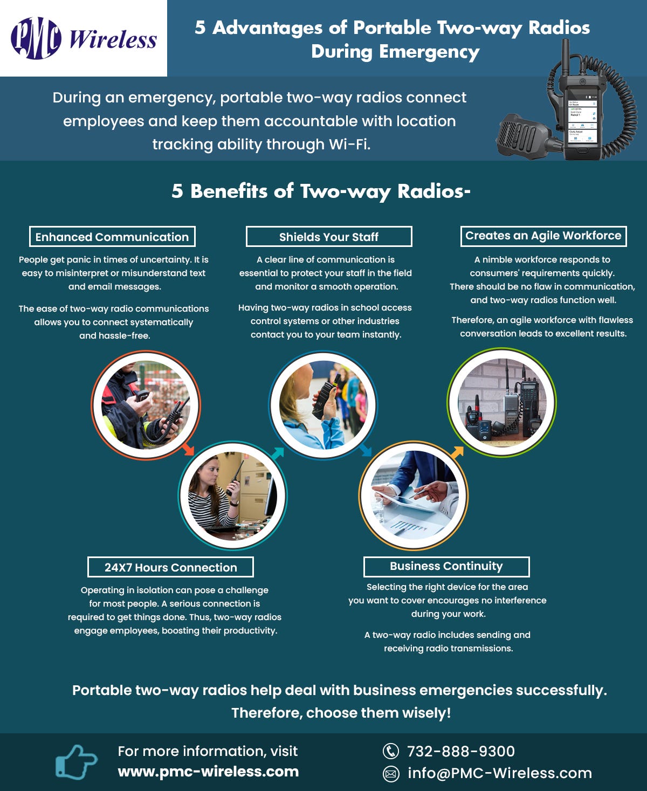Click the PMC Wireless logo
click(84, 38)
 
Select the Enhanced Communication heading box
click(112, 237)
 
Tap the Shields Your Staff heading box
click(329, 237)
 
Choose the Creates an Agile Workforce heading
click(543, 236)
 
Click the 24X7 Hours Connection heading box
click(170, 567)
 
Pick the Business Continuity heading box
click(446, 566)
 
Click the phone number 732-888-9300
click(460, 751)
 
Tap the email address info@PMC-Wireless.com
click(499, 773)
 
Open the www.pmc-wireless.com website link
click(208, 772)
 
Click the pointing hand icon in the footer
click(76, 761)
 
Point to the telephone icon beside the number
click(390, 751)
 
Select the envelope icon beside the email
click(390, 774)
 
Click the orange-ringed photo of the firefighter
click(146, 405)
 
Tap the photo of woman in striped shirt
click(232, 495)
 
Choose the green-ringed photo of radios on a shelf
click(501, 402)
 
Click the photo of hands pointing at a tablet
click(414, 495)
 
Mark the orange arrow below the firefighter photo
click(188, 449)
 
